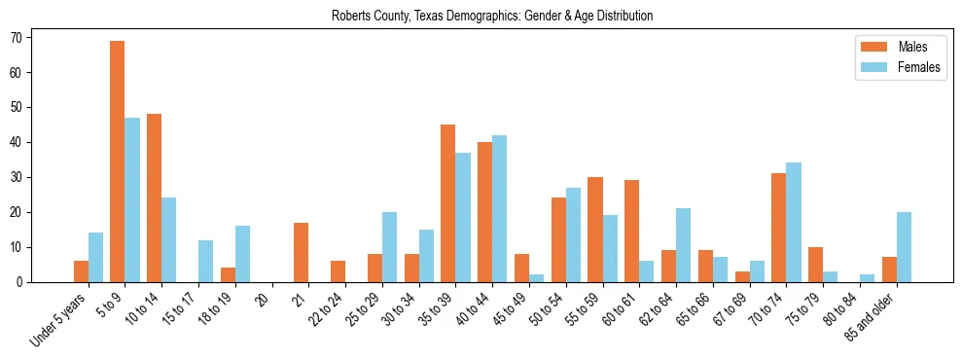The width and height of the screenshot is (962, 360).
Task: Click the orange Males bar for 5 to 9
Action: pyautogui.click(x=117, y=162)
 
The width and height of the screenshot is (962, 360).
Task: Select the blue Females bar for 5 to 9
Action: pyautogui.click(x=132, y=199)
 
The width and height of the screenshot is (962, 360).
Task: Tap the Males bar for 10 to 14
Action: pyautogui.click(x=154, y=198)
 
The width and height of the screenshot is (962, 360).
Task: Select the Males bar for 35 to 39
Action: pyautogui.click(x=447, y=203)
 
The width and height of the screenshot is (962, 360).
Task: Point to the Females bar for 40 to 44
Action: pyautogui.click(x=499, y=208)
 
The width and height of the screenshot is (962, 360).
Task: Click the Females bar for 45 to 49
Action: pyautogui.click(x=536, y=278)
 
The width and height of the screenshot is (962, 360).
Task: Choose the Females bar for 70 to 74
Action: pyautogui.click(x=794, y=222)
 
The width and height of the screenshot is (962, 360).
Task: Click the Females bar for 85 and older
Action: pyautogui.click(x=904, y=247)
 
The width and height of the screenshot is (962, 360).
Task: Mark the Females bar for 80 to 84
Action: pyautogui.click(x=867, y=278)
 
